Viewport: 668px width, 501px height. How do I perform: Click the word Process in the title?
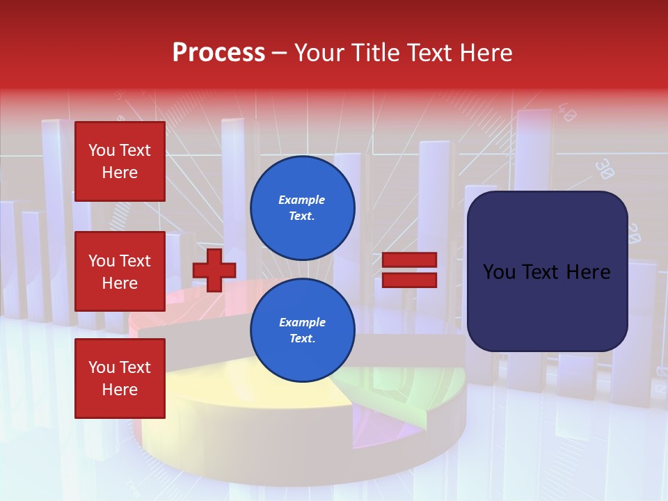click(218, 53)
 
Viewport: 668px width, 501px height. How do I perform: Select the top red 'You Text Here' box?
click(120, 161)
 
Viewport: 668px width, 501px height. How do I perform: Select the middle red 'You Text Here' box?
click(120, 271)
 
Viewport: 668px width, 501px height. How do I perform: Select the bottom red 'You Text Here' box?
click(120, 379)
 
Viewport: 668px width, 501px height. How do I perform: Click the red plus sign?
click(214, 269)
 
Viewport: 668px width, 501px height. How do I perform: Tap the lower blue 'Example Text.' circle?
click(303, 331)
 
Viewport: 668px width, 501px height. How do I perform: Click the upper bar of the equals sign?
click(409, 260)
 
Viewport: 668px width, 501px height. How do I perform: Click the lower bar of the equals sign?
click(409, 280)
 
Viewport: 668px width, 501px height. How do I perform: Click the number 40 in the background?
click(567, 113)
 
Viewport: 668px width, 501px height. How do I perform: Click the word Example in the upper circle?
click(301, 200)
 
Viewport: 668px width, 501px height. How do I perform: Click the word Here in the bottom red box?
click(120, 390)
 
